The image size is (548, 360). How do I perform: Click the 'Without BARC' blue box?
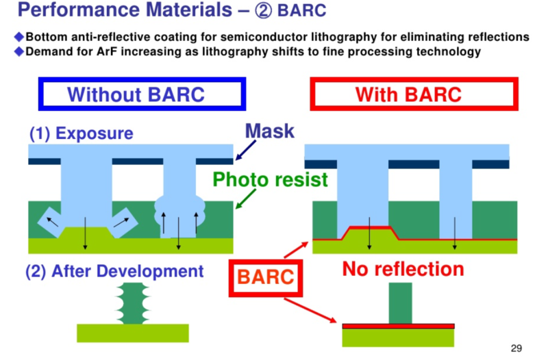[141, 94]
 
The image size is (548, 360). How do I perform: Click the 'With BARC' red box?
[408, 94]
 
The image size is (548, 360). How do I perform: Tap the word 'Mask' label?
[269, 131]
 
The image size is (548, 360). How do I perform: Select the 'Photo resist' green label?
[270, 180]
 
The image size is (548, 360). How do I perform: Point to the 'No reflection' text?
[403, 269]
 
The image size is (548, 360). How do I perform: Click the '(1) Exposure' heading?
[81, 133]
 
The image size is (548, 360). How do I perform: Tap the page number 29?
[516, 348]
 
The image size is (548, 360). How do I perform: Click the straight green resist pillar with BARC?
[400, 302]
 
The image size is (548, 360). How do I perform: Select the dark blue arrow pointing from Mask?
[247, 149]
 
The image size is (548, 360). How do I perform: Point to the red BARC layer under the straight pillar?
[398, 326]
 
